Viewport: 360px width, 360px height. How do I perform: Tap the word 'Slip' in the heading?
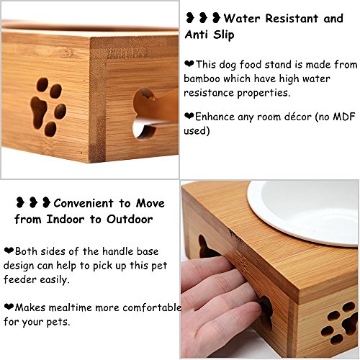click(x=224, y=35)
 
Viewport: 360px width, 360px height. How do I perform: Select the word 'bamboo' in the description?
click(x=202, y=79)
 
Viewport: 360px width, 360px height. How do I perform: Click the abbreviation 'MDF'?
click(x=344, y=117)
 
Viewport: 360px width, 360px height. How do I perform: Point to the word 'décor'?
click(x=298, y=117)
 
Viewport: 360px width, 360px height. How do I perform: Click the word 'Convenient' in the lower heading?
click(x=84, y=204)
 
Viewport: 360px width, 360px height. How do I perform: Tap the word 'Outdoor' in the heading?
click(x=130, y=220)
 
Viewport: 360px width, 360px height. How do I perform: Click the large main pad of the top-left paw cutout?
click(x=38, y=112)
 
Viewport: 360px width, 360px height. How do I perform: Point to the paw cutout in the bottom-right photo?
click(x=340, y=323)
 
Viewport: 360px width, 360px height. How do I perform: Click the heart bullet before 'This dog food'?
click(x=189, y=64)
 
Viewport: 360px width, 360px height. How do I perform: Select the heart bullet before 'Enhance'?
click(x=189, y=116)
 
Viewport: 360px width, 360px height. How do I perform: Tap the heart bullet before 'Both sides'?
click(x=9, y=251)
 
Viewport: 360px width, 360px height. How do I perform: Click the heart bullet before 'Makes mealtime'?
click(x=9, y=307)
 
